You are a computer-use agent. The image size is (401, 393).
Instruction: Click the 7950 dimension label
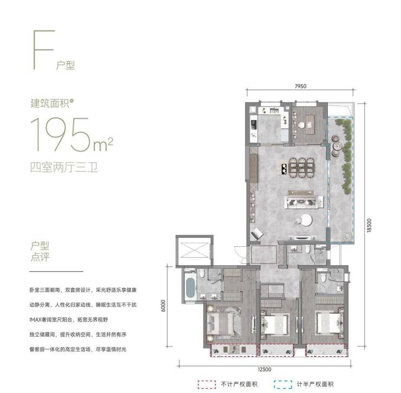coord(300,87)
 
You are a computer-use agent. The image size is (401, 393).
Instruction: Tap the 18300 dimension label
coord(368,225)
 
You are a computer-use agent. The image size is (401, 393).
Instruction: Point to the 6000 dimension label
coord(163,306)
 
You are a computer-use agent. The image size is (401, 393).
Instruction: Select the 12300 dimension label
coord(264,369)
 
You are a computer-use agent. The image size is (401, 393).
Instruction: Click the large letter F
coord(44,50)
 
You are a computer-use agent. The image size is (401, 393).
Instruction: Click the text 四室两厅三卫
coord(64,168)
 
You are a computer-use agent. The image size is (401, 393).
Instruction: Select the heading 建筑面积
coord(50,103)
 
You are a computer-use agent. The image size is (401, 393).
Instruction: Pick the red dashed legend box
coord(206,384)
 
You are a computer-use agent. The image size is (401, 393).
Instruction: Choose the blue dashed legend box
coord(282,384)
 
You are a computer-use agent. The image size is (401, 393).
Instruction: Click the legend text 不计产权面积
coord(239,384)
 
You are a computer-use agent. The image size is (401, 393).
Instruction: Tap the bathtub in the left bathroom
coord(190,288)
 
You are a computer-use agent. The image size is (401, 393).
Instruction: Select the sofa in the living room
coord(304,202)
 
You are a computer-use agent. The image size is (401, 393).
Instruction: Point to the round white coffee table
coord(306,220)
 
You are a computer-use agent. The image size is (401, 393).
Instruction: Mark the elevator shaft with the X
coord(195,250)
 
